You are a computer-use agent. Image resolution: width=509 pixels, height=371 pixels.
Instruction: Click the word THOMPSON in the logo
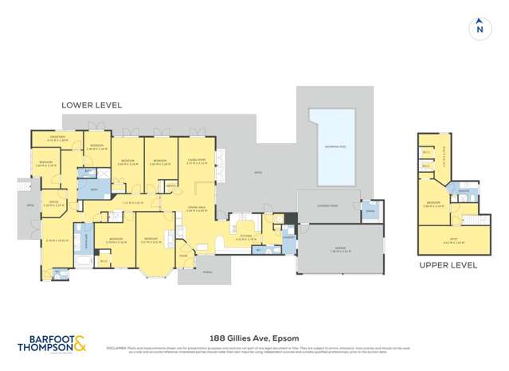(x=45, y=347)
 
